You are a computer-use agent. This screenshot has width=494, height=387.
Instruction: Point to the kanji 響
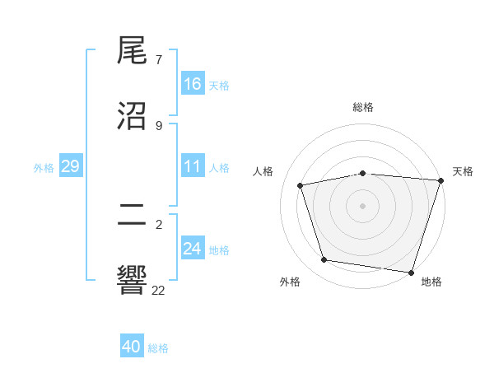(133, 280)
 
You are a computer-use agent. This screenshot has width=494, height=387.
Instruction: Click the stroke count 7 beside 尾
(159, 60)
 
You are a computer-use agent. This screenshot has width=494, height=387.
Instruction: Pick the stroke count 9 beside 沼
(159, 125)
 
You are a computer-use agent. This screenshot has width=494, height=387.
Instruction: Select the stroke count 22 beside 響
(159, 290)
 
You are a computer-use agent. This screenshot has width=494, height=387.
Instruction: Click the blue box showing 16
(193, 83)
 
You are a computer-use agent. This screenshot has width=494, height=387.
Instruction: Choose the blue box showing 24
(193, 248)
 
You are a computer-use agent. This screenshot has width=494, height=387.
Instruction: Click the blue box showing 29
(70, 166)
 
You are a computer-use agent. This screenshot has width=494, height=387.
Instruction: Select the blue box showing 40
(132, 347)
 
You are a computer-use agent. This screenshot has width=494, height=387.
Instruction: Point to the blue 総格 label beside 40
(158, 348)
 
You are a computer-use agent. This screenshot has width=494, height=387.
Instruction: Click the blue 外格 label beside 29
(44, 168)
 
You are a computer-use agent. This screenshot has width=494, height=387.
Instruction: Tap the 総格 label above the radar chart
(363, 107)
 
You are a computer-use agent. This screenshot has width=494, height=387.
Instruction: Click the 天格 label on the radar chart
(463, 171)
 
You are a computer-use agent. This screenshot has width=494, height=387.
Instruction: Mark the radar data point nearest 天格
(440, 180)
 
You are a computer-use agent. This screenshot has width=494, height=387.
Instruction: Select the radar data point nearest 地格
(410, 272)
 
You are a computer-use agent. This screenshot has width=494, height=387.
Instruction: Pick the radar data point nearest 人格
(301, 185)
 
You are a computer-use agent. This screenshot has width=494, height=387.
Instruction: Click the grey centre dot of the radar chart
(363, 205)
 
